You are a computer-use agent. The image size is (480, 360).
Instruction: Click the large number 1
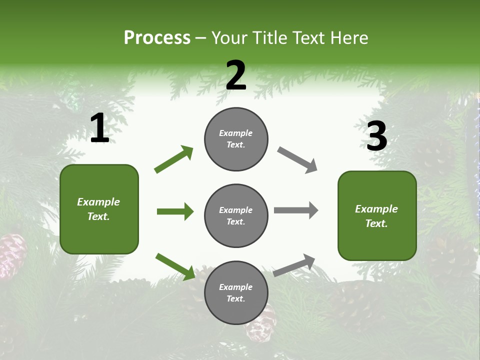tap(99, 128)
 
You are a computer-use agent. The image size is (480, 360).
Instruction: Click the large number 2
tap(236, 75)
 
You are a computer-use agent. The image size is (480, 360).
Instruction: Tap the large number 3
tap(376, 136)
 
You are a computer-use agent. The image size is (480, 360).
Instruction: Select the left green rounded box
tap(99, 209)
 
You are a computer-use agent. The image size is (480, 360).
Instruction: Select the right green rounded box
tap(377, 216)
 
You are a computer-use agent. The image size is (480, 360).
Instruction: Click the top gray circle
tap(236, 139)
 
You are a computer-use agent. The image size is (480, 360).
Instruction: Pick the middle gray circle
tap(236, 215)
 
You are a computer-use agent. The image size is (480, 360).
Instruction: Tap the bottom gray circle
tap(236, 292)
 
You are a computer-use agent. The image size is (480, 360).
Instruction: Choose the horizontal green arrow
tap(175, 211)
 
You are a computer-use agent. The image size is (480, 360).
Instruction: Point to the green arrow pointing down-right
tap(175, 266)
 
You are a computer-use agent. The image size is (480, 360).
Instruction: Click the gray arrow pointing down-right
tap(297, 160)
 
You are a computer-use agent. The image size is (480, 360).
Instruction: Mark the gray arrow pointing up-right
tap(294, 265)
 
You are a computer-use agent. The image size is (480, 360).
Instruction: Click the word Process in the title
tap(157, 37)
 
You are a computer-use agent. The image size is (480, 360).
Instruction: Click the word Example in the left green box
tap(98, 202)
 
